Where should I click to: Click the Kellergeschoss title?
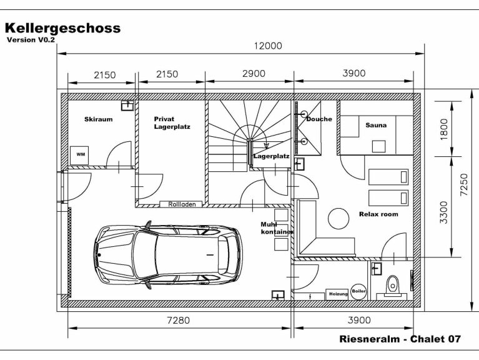[62, 28]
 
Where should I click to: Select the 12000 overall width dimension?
[267, 46]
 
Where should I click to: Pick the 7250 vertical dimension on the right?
[463, 185]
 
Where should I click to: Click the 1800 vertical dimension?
[444, 129]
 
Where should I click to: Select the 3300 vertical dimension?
[444, 211]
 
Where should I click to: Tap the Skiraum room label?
[98, 119]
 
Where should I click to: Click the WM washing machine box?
[81, 154]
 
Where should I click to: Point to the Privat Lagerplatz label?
[172, 122]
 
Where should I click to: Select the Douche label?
[319, 119]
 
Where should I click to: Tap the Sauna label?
[376, 125]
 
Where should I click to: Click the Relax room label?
[378, 214]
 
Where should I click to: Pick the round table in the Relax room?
[339, 217]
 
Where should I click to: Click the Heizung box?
[338, 294]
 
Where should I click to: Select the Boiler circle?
[358, 292]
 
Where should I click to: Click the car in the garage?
[167, 254]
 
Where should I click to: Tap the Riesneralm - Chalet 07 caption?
[400, 339]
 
